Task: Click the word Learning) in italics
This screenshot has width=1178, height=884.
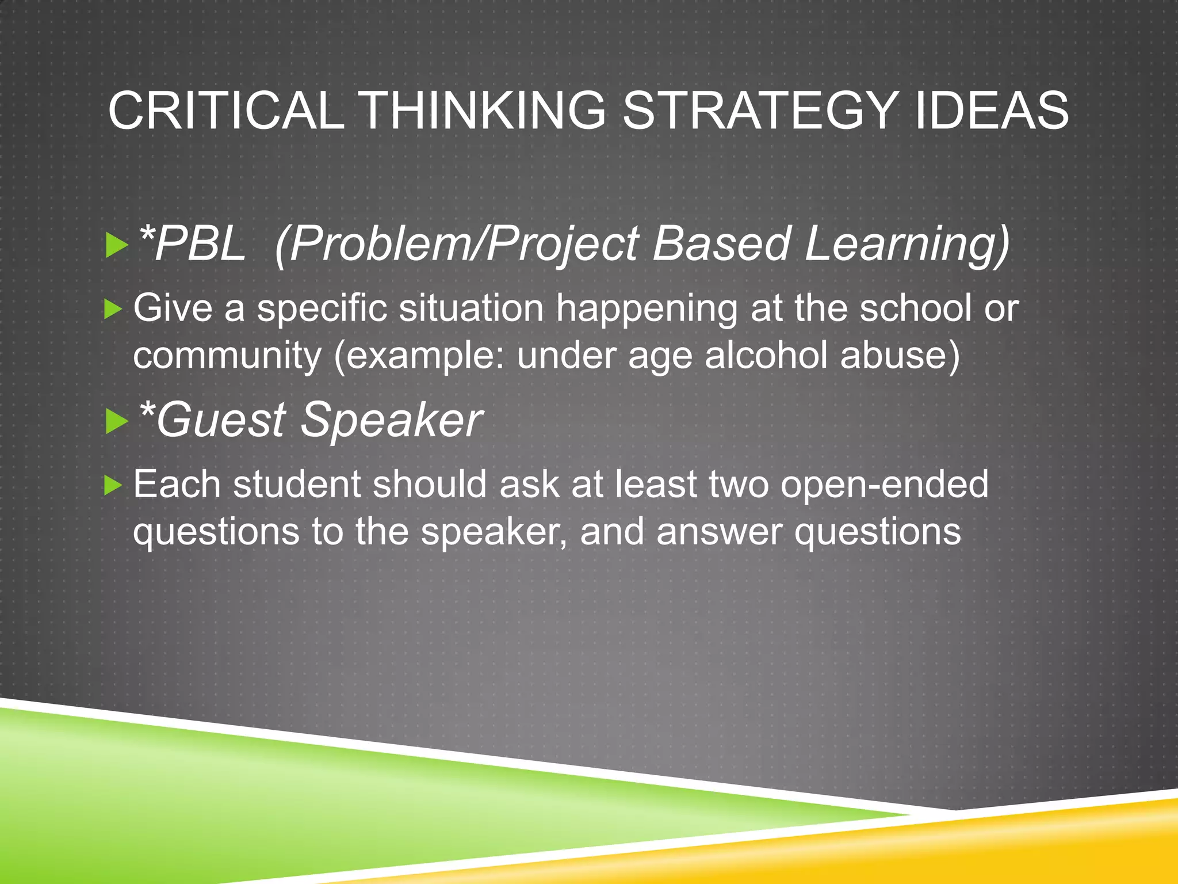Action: click(x=907, y=244)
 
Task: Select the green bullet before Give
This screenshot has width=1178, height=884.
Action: click(x=113, y=310)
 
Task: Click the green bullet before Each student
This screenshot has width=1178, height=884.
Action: click(x=113, y=486)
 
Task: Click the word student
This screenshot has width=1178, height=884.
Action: click(x=297, y=485)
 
